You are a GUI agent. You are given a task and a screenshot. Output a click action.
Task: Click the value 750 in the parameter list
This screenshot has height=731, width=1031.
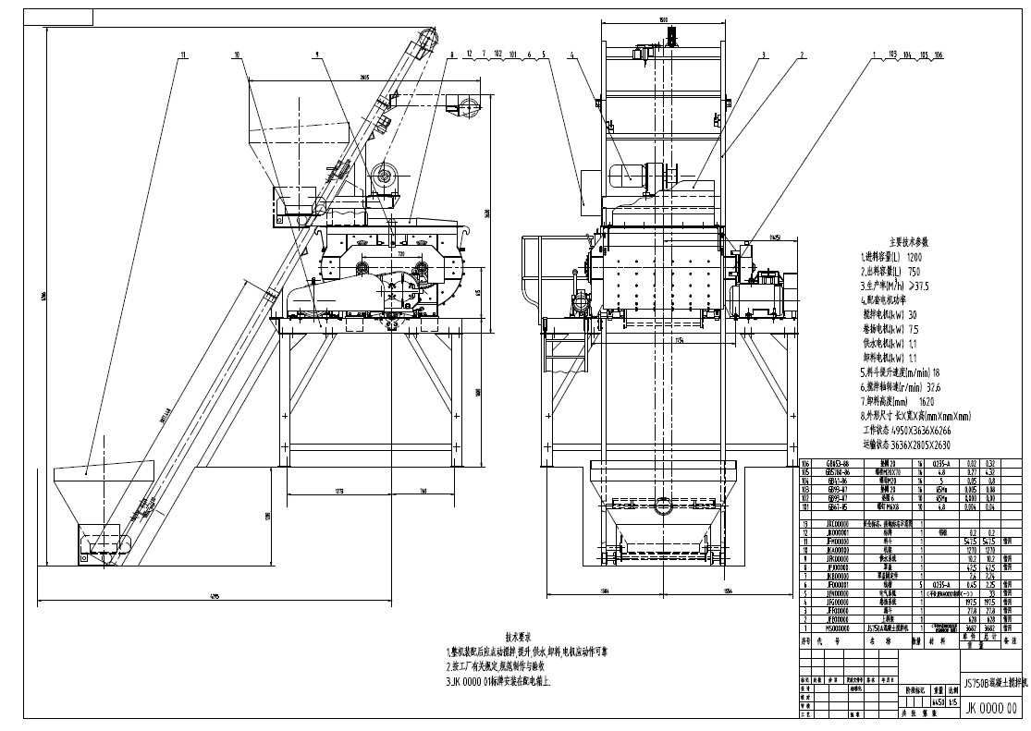click(914, 272)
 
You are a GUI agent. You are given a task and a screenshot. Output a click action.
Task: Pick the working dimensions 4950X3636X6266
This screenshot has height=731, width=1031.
click(920, 431)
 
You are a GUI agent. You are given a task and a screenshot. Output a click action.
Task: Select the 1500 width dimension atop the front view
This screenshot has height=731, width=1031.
click(663, 19)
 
